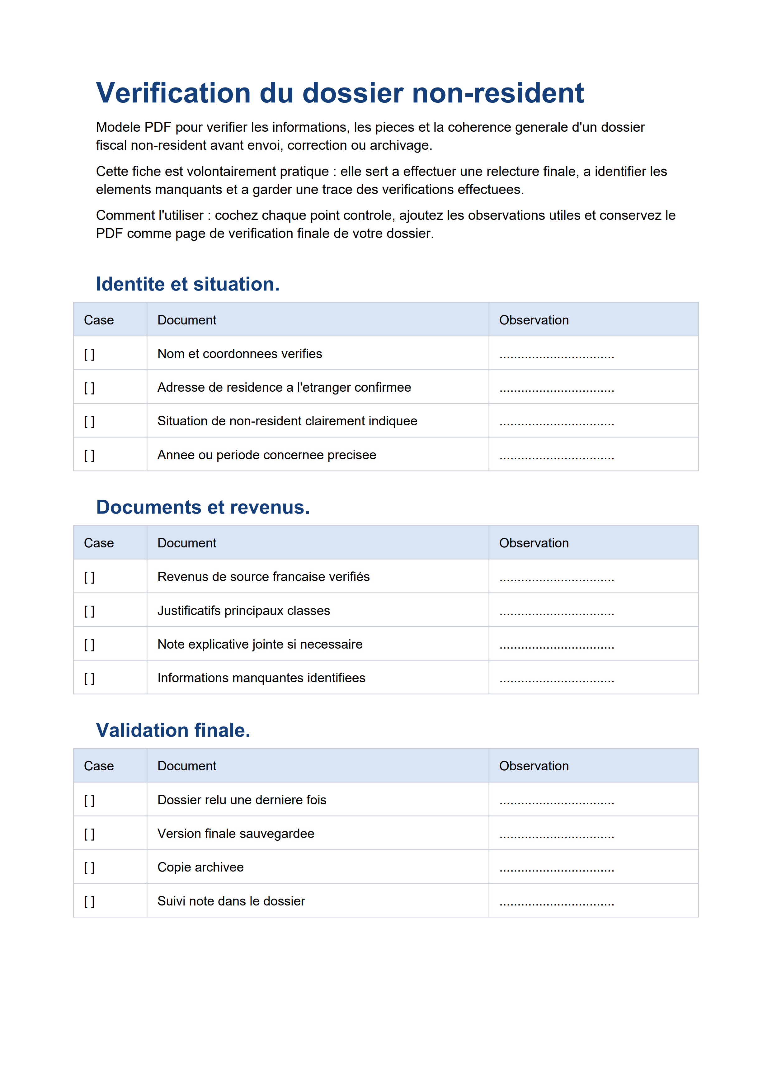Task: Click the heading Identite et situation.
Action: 187,284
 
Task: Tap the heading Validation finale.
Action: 173,730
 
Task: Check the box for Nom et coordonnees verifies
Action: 89,354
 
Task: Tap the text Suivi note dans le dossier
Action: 231,901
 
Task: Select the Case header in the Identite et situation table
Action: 99,320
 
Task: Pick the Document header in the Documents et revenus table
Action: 186,543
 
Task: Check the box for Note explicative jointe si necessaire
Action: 89,645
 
